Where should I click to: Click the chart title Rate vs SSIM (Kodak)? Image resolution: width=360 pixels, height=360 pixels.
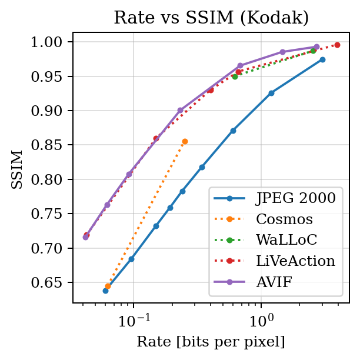(x=211, y=18)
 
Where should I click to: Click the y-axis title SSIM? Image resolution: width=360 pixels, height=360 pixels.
(x=18, y=169)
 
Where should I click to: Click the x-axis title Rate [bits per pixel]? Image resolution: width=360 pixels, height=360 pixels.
(x=211, y=342)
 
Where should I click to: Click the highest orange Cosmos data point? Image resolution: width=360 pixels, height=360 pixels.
(x=185, y=141)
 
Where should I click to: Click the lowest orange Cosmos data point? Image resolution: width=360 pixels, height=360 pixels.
(x=108, y=286)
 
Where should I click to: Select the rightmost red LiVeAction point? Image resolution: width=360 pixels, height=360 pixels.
(x=337, y=45)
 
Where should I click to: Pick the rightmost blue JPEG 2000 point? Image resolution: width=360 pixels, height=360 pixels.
(x=322, y=59)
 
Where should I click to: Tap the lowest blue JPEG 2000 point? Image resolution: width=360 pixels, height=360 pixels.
(x=105, y=291)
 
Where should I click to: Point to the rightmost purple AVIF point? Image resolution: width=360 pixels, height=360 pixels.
(x=316, y=46)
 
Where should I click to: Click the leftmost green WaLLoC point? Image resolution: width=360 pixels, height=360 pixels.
(x=235, y=76)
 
